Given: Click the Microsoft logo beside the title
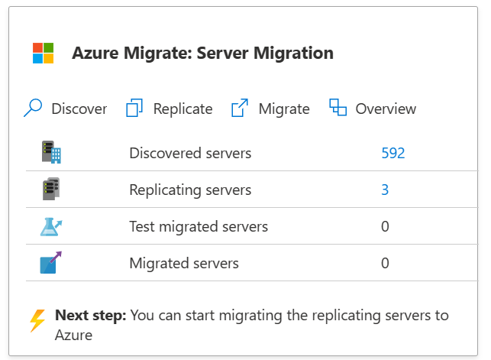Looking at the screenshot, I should (44, 54).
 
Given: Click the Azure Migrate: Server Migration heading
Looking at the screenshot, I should (202, 54).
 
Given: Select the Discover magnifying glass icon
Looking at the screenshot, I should (33, 109).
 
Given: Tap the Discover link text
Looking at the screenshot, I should (79, 109).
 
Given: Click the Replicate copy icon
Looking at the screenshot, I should (135, 109).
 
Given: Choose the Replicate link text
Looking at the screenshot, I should (183, 109).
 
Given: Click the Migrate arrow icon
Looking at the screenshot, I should (240, 109).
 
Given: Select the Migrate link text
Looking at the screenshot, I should (284, 109).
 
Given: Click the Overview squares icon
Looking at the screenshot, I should (338, 108).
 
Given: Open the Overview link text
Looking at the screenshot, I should (386, 109).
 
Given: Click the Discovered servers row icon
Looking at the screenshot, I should (51, 153).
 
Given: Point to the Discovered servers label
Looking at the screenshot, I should (190, 153).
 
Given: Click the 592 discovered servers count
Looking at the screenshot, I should (392, 153).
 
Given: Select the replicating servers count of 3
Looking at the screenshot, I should (385, 190).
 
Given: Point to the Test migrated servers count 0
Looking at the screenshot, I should (385, 226).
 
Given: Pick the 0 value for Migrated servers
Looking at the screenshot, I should (385, 263).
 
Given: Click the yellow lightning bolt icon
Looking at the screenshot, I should (37, 321).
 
